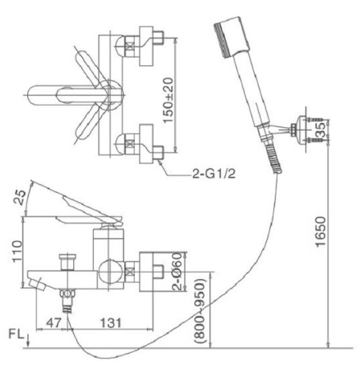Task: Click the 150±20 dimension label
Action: pyautogui.click(x=168, y=100)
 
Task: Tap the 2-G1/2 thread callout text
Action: pyautogui.click(x=214, y=174)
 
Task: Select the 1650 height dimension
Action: pyautogui.click(x=321, y=232)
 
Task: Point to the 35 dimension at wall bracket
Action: pyautogui.click(x=322, y=129)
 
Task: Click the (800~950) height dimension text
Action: pyautogui.click(x=200, y=311)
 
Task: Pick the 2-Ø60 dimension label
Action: pyautogui.click(x=178, y=271)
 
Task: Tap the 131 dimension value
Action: pyautogui.click(x=111, y=323)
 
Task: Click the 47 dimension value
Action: pyautogui.click(x=54, y=323)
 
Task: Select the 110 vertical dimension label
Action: pyautogui.click(x=17, y=251)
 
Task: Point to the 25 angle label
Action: pyautogui.click(x=20, y=197)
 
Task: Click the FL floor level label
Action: pyautogui.click(x=16, y=334)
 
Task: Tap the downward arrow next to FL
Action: pyautogui.click(x=28, y=340)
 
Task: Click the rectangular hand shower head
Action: pyautogui.click(x=232, y=37)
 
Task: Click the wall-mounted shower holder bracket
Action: pyautogui.click(x=308, y=130)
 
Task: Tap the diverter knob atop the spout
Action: pyautogui.click(x=68, y=262)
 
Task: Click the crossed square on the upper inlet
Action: pyautogui.click(x=130, y=46)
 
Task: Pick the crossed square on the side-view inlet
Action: pyautogui.click(x=130, y=273)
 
